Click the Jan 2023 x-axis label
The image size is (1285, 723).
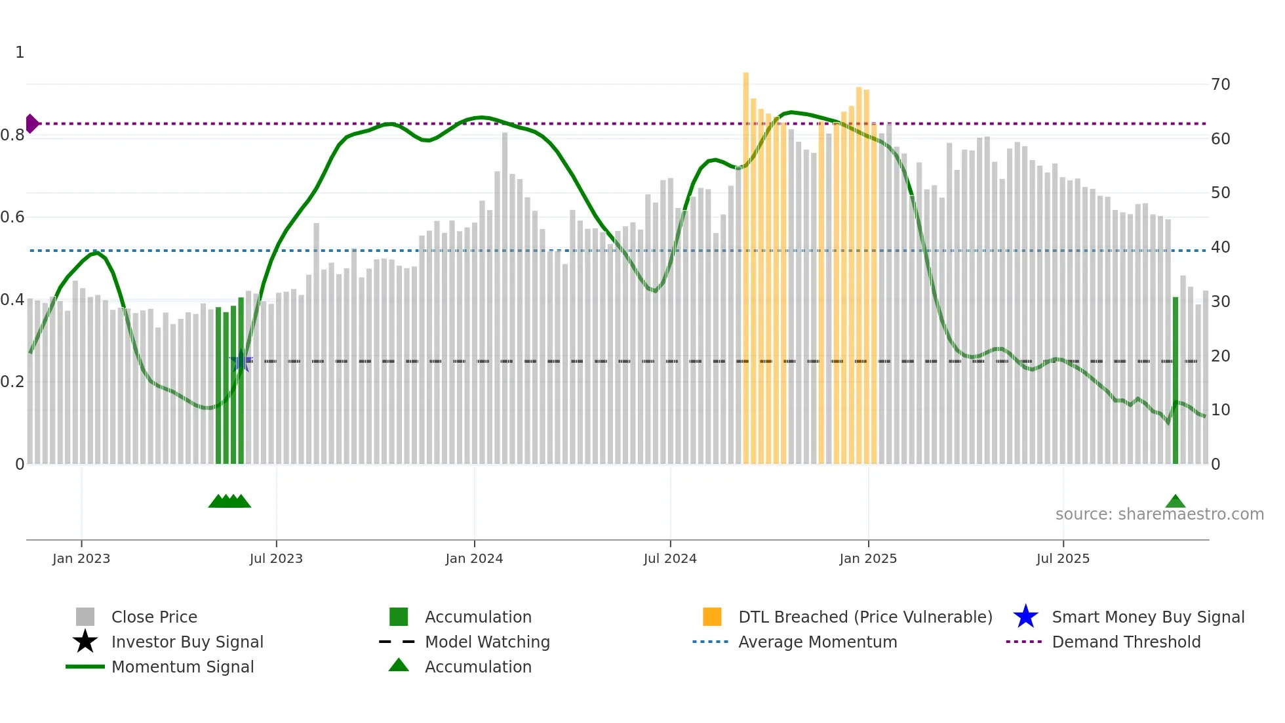click(81, 559)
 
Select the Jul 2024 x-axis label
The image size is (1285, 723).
click(670, 559)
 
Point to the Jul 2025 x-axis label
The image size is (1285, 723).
click(1063, 559)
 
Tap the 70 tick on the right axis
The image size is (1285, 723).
click(1221, 85)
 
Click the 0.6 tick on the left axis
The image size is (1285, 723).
click(12, 217)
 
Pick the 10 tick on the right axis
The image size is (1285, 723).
click(1221, 410)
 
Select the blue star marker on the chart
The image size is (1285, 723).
click(241, 361)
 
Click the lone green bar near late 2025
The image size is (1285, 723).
click(1176, 381)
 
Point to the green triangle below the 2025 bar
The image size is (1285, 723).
click(1176, 502)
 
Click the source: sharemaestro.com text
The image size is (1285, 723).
click(1160, 514)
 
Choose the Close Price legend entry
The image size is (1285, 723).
click(154, 617)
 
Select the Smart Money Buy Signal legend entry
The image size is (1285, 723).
click(1148, 617)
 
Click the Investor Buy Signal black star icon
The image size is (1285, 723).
click(85, 642)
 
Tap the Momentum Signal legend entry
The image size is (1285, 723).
click(182, 667)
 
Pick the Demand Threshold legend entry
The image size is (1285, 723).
click(1126, 642)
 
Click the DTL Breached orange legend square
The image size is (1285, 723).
click(712, 617)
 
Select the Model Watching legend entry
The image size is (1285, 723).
click(487, 642)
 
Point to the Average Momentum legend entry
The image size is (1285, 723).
click(818, 642)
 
